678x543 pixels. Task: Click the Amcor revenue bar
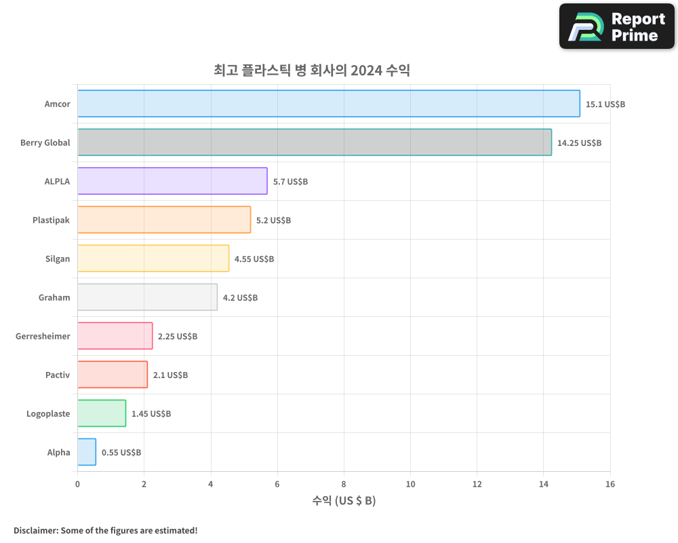pos(329,104)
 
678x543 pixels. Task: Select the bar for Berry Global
pos(315,143)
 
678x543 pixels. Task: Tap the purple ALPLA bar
pos(172,181)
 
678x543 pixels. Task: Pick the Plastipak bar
pos(164,220)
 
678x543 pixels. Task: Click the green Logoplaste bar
pos(102,413)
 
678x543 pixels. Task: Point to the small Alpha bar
pos(87,452)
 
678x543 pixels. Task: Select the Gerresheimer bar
pos(115,336)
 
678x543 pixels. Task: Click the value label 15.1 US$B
pos(605,105)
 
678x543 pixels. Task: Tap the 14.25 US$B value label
pos(579,143)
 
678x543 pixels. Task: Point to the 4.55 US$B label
pos(254,259)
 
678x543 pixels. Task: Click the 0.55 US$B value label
pos(121,453)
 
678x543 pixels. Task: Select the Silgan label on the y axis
pos(58,259)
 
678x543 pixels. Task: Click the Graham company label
pos(54,297)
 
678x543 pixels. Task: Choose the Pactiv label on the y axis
pos(58,375)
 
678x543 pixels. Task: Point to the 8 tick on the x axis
pos(344,484)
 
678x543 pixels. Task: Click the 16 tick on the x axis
pos(610,484)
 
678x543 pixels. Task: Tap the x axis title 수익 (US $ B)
pos(344,501)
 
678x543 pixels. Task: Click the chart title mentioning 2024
pos(312,70)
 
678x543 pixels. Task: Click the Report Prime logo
pos(617,26)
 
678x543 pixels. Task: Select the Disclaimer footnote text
pos(106,530)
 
